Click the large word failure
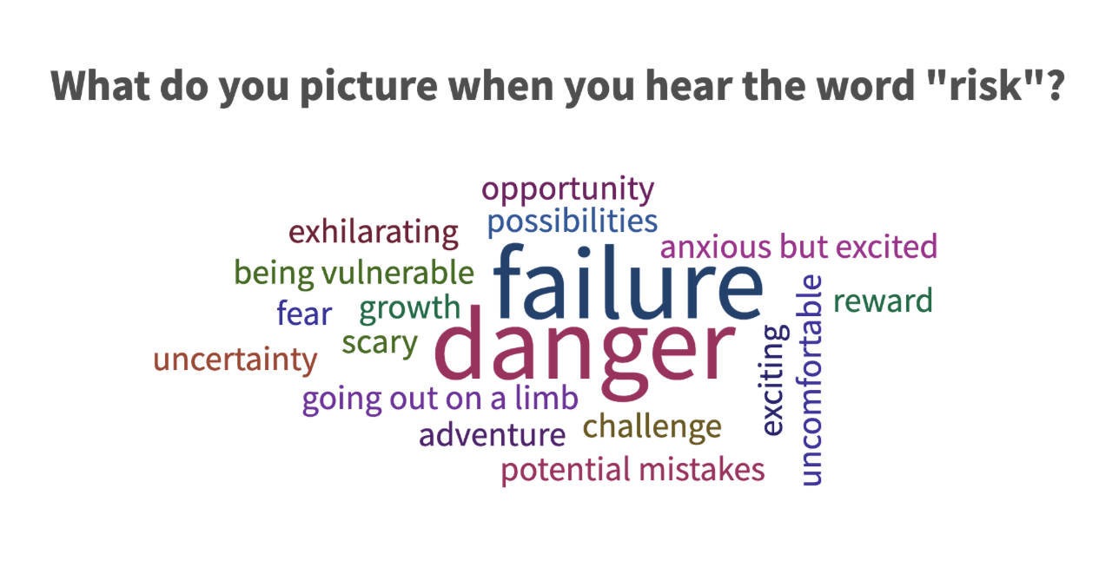(628, 281)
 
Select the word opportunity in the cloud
(568, 190)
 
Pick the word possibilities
(573, 221)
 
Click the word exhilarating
(374, 232)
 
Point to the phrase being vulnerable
(354, 273)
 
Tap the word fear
(304, 313)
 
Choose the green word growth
(410, 308)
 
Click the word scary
(380, 344)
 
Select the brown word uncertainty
(235, 360)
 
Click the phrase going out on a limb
(440, 399)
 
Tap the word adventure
(492, 434)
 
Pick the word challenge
(652, 427)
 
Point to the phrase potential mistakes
(633, 470)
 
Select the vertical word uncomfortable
(809, 380)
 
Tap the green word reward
(884, 300)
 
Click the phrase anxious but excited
(798, 247)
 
